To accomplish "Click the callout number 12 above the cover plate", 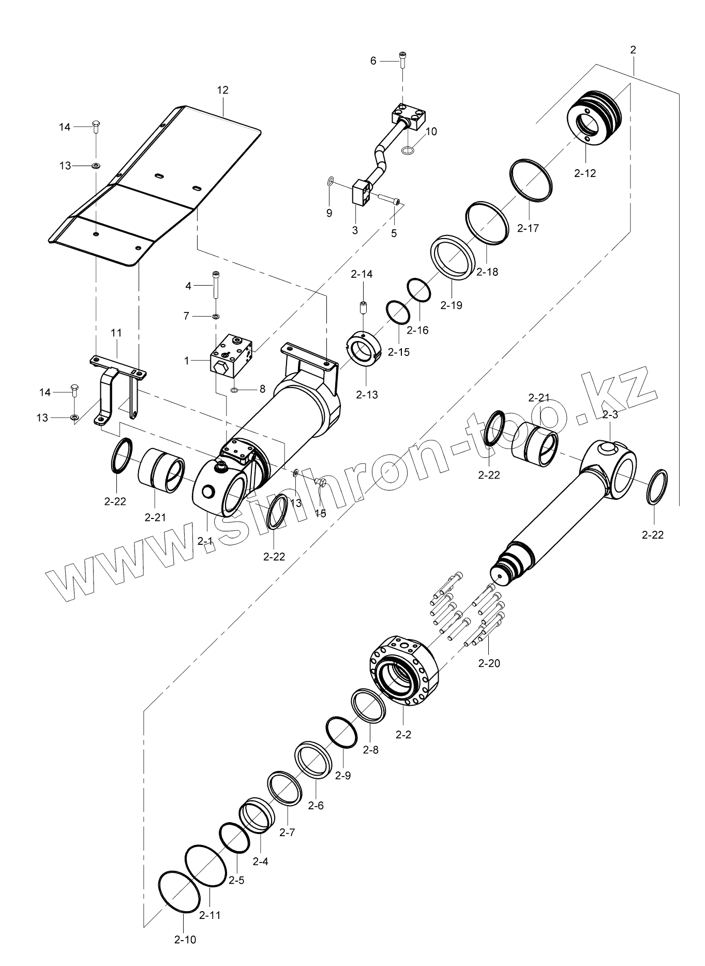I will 223,90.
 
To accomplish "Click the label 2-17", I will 528,228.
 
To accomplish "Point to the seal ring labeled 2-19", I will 453,256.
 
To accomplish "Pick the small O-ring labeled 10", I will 408,151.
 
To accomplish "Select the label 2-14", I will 362,274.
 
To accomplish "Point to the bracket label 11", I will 116,333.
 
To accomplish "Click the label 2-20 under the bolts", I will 489,663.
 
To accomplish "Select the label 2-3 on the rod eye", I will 610,414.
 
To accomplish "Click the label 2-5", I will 236,880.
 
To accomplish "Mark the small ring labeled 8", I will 234,389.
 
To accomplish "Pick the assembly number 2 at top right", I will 633,50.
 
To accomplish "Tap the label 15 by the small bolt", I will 321,514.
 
